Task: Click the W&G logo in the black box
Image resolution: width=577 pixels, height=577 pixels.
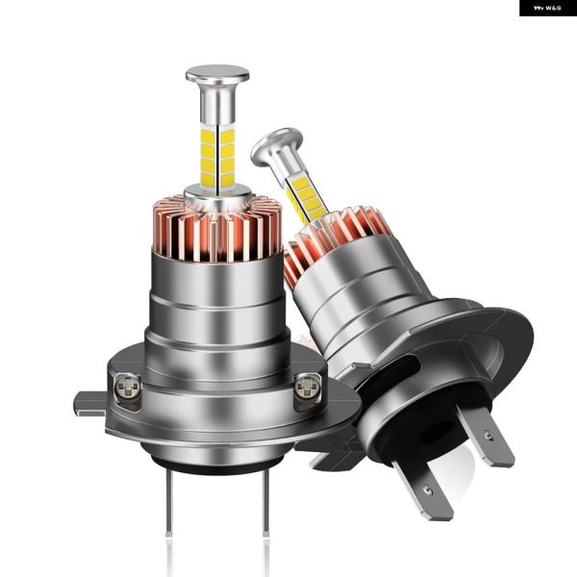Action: (x=547, y=8)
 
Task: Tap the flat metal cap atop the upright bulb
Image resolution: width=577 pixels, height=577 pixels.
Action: (x=217, y=74)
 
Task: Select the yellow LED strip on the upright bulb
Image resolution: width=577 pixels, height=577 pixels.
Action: (x=218, y=157)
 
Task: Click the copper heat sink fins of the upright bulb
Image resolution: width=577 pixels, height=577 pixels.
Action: (x=217, y=229)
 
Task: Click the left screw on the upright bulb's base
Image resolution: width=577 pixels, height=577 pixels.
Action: (x=127, y=387)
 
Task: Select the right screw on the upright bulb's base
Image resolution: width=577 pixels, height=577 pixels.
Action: (x=309, y=387)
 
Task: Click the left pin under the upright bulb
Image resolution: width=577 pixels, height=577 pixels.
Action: (x=169, y=501)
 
